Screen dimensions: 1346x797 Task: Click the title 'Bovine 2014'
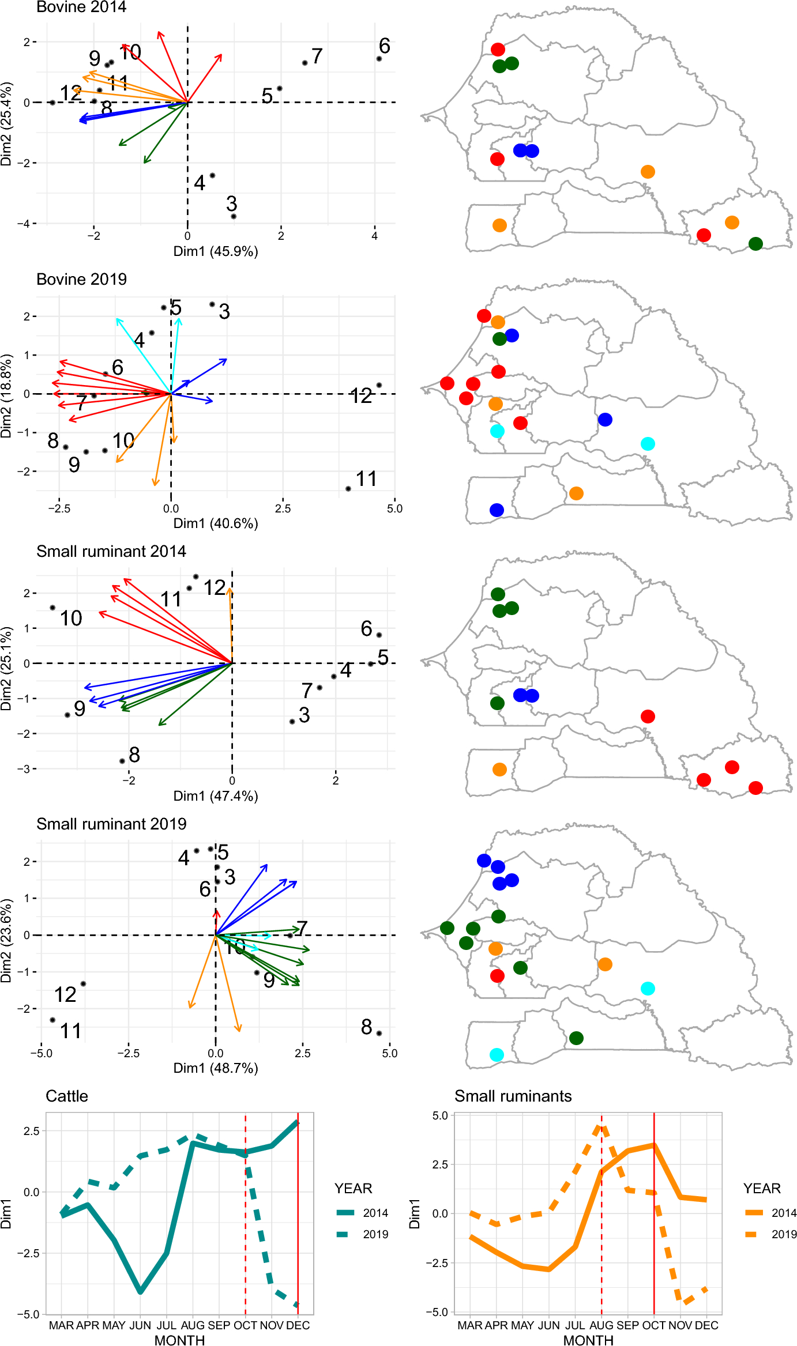pos(81,7)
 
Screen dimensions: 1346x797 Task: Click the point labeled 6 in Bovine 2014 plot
pos(379,59)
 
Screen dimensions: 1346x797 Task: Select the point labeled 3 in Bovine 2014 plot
pos(234,216)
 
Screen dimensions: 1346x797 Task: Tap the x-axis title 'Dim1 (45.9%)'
pos(216,251)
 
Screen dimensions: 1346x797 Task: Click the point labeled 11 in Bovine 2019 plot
pos(348,489)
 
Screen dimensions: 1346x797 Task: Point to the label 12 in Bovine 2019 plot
pos(361,396)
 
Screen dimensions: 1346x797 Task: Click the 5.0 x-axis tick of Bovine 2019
pos(394,509)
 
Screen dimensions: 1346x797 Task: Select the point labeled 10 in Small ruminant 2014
pos(52,608)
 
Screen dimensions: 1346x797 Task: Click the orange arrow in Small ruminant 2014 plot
pos(231,623)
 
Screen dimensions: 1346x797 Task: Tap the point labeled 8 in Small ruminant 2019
pos(379,1033)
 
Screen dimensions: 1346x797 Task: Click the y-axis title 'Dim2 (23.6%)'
pos(6,940)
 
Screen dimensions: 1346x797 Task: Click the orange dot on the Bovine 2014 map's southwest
pos(499,225)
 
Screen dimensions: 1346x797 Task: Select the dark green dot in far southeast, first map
pos(755,244)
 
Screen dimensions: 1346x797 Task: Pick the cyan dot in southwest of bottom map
pos(497,1055)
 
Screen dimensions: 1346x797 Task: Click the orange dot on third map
pos(499,770)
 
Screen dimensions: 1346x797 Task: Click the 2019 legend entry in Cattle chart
pos(363,1234)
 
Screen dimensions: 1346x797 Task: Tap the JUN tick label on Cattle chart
pos(140,1325)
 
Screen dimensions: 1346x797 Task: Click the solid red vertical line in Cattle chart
pos(298,1211)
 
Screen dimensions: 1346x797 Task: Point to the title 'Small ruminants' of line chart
pos(513,1096)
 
